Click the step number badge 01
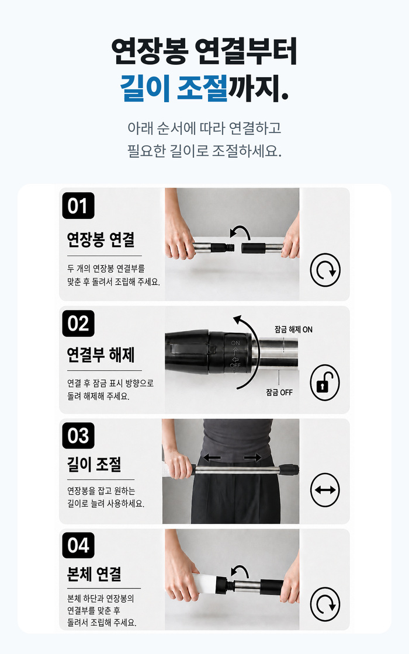coord(78,206)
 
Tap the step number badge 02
coord(78,323)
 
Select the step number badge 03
coord(78,436)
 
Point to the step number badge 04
coord(78,545)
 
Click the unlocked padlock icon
coord(325,382)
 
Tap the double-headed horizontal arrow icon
coord(325,490)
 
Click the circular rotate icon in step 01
coord(325,270)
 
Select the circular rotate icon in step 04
coord(325,604)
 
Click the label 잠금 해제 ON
coord(293,329)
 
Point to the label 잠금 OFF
coord(279,392)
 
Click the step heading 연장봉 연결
coord(100,239)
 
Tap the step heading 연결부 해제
coord(100,354)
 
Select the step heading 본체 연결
coord(94,574)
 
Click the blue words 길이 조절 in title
coord(174,88)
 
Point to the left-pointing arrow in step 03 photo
coord(212,458)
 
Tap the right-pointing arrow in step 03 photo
coord(253,458)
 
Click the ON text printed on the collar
coord(236,343)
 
